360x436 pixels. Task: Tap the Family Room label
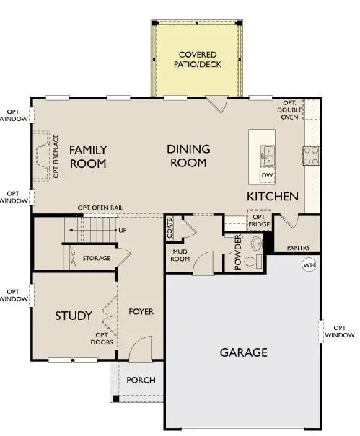click(x=88, y=156)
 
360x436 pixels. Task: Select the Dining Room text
click(x=188, y=156)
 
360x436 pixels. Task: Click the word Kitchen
click(x=273, y=196)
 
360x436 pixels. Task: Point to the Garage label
click(x=243, y=352)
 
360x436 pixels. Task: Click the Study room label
click(x=74, y=316)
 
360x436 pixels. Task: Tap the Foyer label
click(x=142, y=312)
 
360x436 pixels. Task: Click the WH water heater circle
click(x=309, y=264)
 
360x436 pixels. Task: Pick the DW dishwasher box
click(x=266, y=175)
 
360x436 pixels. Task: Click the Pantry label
click(x=297, y=247)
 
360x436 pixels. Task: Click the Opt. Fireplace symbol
click(x=45, y=156)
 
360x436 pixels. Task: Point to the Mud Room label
click(x=179, y=255)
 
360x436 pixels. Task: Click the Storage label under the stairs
click(x=96, y=257)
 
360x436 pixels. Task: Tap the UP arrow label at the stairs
click(x=122, y=231)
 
